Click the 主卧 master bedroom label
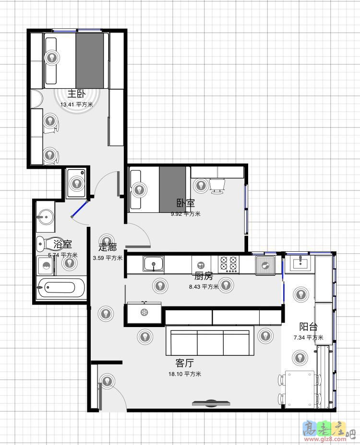pyautogui.click(x=76, y=94)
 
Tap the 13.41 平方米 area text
pyautogui.click(x=76, y=105)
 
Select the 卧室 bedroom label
pyautogui.click(x=186, y=203)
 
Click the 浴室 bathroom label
pyautogui.click(x=62, y=244)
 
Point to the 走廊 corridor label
pyautogui.click(x=108, y=247)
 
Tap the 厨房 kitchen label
pyautogui.click(x=204, y=276)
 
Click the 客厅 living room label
pyautogui.click(x=185, y=363)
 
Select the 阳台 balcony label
pyautogui.click(x=308, y=327)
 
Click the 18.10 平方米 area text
pyautogui.click(x=185, y=374)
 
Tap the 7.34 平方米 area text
pyautogui.click(x=308, y=338)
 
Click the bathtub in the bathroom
pyautogui.click(x=61, y=288)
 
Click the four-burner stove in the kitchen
pyautogui.click(x=228, y=264)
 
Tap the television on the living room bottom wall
pyautogui.click(x=211, y=403)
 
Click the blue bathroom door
pyautogui.click(x=80, y=209)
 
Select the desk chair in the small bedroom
pyautogui.click(x=217, y=186)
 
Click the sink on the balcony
pyautogui.click(x=300, y=263)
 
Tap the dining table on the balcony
pyautogui.click(x=300, y=389)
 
